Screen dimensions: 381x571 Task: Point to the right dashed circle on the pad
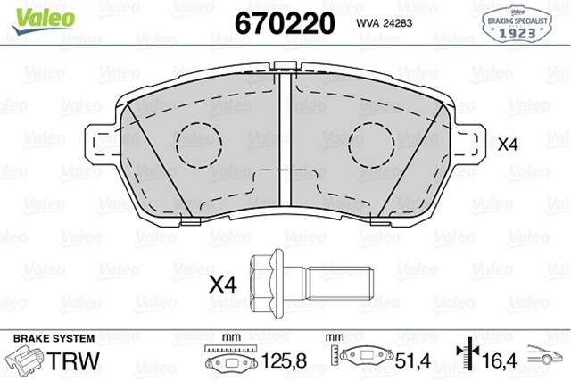click(x=368, y=143)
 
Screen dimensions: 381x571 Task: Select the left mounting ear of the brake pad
click(x=101, y=143)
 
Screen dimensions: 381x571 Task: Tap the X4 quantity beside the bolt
click(x=223, y=286)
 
